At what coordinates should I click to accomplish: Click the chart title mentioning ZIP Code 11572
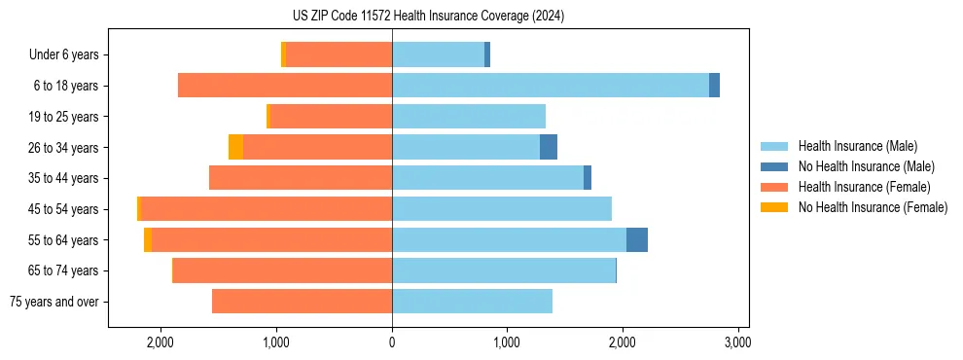428,17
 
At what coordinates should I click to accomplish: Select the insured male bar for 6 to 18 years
550,86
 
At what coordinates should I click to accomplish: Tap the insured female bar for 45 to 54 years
267,209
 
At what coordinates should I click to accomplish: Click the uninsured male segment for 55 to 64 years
637,240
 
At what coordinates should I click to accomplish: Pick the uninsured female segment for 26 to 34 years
235,147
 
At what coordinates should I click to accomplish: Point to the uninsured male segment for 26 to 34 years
549,147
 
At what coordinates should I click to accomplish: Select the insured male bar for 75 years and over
472,302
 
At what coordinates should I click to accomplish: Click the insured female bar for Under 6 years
339,54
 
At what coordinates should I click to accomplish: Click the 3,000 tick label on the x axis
737,342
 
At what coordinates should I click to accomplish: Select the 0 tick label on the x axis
392,342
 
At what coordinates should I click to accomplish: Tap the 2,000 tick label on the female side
160,342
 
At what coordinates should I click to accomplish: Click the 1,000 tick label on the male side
507,342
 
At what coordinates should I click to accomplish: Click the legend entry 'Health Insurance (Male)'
857,146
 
